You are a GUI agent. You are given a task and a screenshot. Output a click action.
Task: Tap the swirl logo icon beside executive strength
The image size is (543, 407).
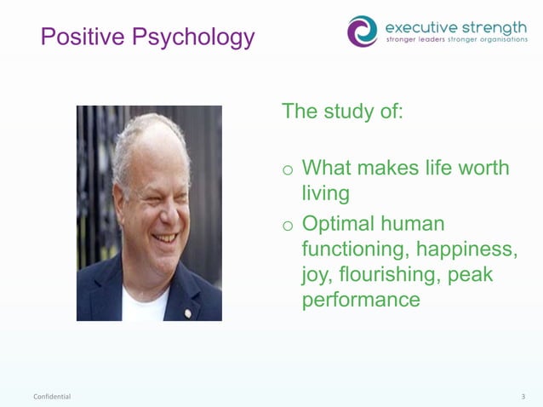click(x=362, y=31)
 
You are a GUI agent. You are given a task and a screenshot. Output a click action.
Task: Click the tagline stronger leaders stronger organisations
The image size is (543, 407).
click(x=456, y=40)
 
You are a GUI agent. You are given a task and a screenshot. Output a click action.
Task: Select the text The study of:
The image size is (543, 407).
click(x=342, y=112)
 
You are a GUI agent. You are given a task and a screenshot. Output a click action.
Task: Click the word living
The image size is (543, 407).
click(x=326, y=193)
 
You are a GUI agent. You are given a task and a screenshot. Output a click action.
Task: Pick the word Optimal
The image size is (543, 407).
click(x=339, y=224)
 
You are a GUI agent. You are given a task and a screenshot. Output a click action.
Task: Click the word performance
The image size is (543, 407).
click(x=361, y=300)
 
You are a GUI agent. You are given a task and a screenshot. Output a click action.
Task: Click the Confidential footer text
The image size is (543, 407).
click(x=52, y=397)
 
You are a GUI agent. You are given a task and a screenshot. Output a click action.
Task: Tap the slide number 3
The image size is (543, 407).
click(x=523, y=397)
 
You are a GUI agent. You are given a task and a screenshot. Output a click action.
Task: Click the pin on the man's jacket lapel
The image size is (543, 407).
click(x=188, y=312)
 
